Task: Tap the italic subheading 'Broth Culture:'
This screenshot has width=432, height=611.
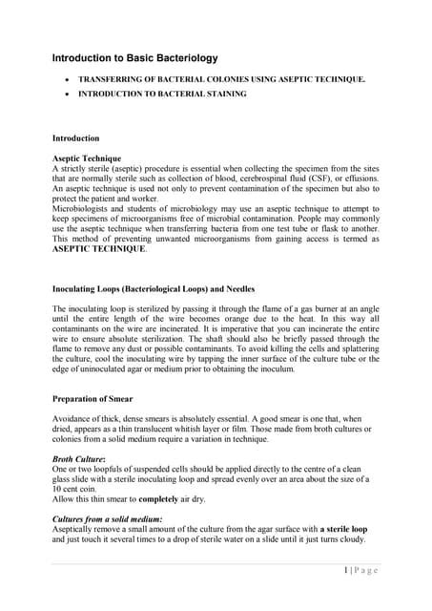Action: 81,460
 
